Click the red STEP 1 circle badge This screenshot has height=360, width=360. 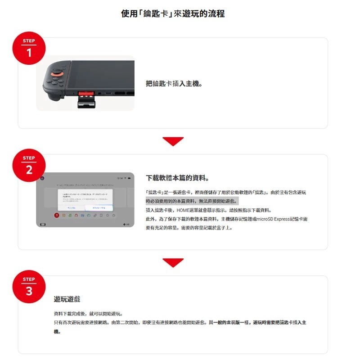(x=29, y=49)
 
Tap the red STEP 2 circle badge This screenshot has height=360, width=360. (x=29, y=166)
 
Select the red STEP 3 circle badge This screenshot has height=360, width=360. (x=29, y=287)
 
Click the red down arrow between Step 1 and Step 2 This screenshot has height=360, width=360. (x=173, y=141)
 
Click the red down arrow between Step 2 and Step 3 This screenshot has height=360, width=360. (x=173, y=263)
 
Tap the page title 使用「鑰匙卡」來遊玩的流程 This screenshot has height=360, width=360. (x=173, y=13)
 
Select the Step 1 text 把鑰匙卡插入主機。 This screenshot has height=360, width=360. (x=174, y=84)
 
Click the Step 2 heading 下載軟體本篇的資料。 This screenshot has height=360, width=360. (x=177, y=178)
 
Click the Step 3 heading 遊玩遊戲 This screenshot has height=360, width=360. (x=67, y=299)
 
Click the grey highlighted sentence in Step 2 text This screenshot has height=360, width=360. (x=192, y=201)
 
